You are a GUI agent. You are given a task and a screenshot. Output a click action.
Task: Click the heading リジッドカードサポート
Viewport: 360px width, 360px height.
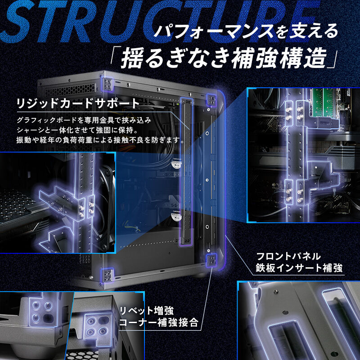[78, 103]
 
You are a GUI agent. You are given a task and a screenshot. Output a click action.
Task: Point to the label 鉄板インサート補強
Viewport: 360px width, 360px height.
[298, 269]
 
